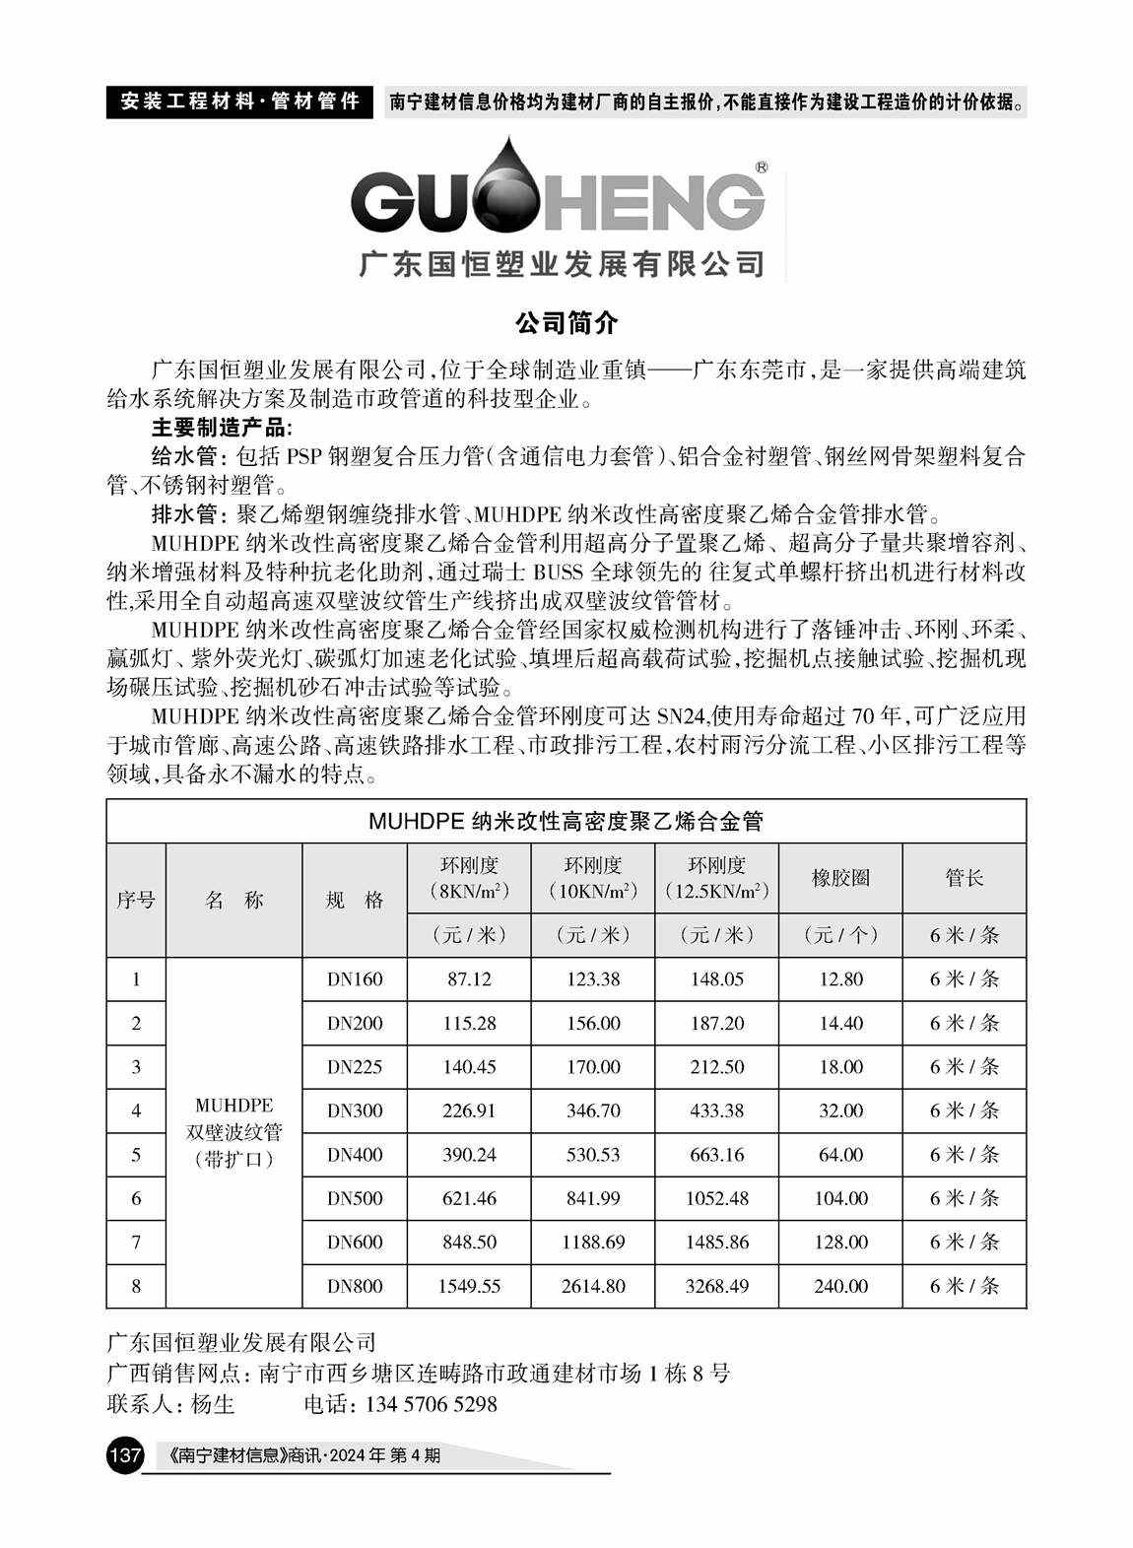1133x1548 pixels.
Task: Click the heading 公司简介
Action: (566, 321)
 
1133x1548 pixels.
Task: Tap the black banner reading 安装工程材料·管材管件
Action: (238, 101)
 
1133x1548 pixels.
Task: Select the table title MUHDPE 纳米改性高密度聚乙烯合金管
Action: (566, 821)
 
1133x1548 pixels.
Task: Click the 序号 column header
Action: (136, 900)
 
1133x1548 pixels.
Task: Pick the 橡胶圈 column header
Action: (840, 878)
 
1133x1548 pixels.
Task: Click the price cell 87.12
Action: (469, 979)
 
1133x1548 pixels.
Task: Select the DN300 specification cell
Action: (355, 1111)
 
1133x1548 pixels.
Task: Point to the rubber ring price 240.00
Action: (840, 1286)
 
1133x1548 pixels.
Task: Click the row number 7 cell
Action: (136, 1243)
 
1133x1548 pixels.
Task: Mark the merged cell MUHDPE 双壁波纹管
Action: (234, 1132)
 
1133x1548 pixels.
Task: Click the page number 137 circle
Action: (125, 1454)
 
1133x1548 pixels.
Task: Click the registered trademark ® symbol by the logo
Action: (762, 168)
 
